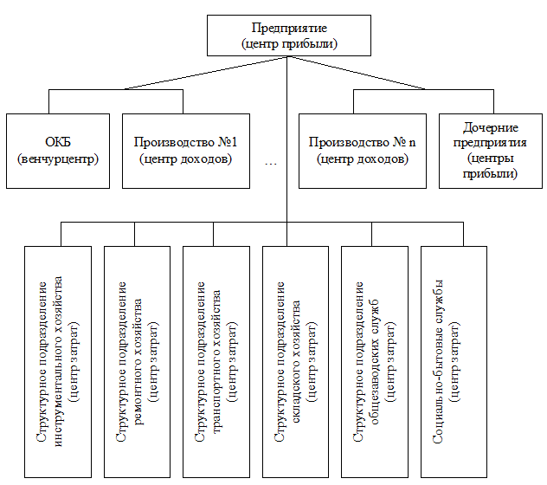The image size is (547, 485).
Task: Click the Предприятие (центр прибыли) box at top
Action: coord(288,36)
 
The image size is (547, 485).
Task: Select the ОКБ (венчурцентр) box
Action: coord(58,150)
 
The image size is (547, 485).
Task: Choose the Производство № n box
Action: coord(363,150)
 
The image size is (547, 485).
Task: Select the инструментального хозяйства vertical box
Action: coord(58,362)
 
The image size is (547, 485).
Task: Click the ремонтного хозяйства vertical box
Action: coord(137,362)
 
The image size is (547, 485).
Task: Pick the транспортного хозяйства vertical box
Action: coord(216,362)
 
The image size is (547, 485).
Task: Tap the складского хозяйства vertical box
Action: coord(294,362)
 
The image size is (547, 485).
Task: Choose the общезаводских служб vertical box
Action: coord(374,362)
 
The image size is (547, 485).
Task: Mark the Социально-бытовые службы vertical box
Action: coord(453,362)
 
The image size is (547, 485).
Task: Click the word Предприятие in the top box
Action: coord(288,29)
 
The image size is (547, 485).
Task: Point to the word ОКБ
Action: coord(58,141)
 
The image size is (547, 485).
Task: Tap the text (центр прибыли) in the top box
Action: coord(288,43)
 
